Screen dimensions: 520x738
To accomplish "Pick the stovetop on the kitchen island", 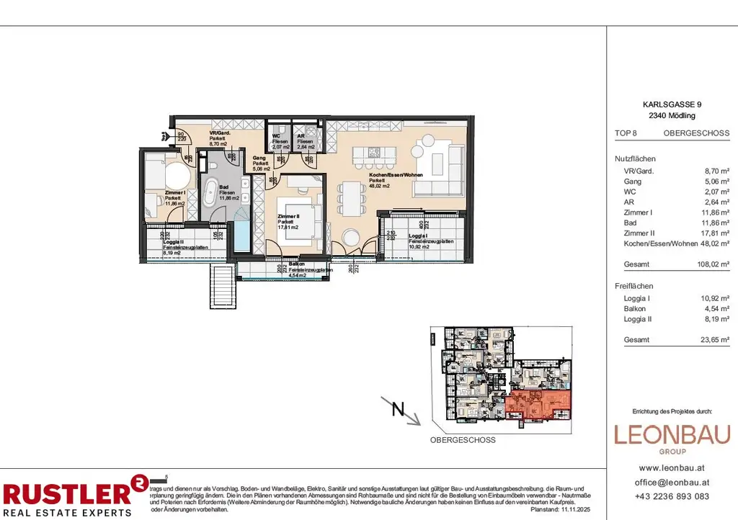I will point(374,152).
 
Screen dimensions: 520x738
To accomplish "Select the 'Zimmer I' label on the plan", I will point(155,193).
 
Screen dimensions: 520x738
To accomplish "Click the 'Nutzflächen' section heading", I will point(635,158).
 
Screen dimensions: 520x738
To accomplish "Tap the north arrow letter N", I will point(396,411).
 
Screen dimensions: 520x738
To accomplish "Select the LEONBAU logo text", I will point(672,435).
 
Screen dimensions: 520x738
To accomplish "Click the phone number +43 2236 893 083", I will point(672,496).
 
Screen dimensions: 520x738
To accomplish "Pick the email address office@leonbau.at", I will point(672,482).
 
